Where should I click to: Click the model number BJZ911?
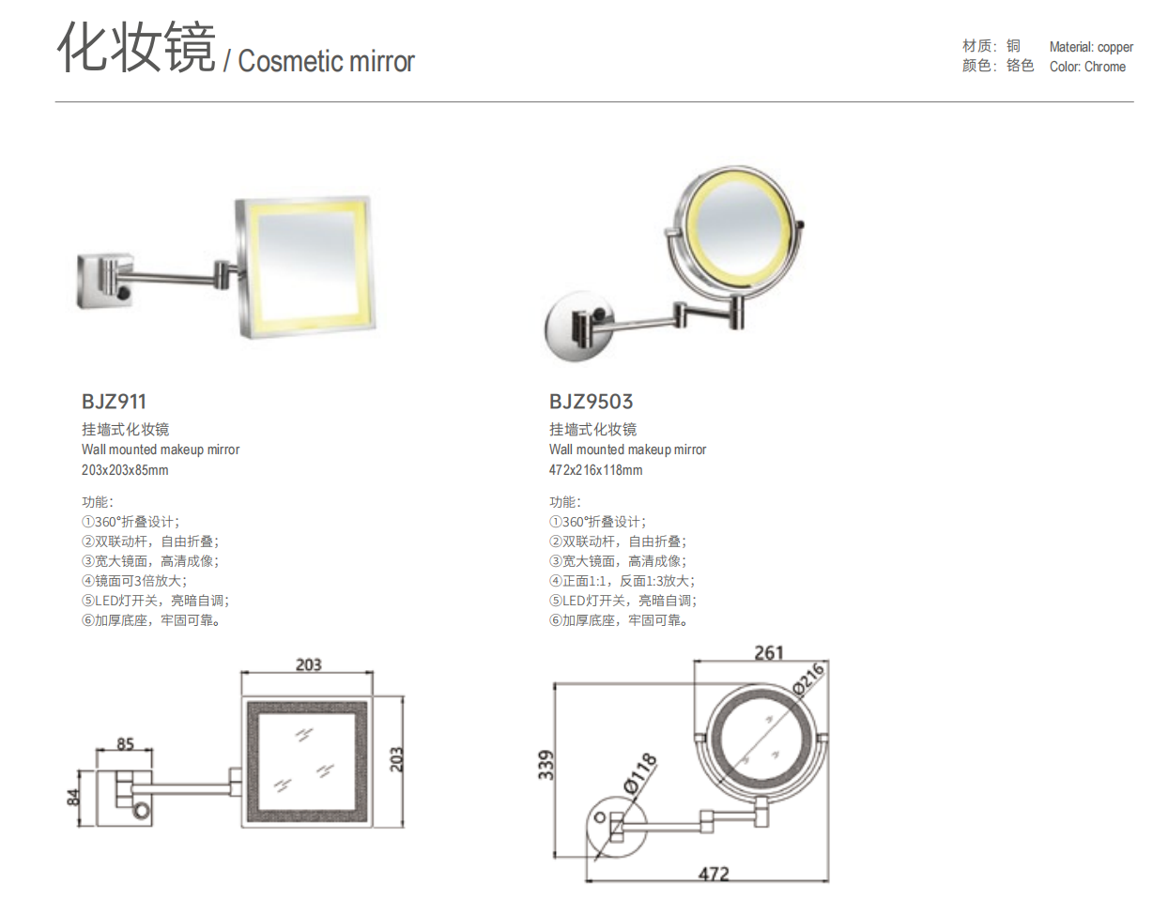point(114,402)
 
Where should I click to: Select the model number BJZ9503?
point(591,402)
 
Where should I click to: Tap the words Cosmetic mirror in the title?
point(326,62)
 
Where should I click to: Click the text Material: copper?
point(1091,47)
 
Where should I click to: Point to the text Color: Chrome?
point(1087,67)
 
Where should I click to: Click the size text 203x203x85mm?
point(125,470)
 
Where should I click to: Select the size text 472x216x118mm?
point(595,470)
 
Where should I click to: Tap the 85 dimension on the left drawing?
point(125,744)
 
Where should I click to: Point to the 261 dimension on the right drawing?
point(767,651)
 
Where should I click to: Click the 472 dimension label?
point(713,874)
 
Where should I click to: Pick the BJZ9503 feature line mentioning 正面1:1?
point(622,581)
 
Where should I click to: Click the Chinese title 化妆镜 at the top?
point(136,49)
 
